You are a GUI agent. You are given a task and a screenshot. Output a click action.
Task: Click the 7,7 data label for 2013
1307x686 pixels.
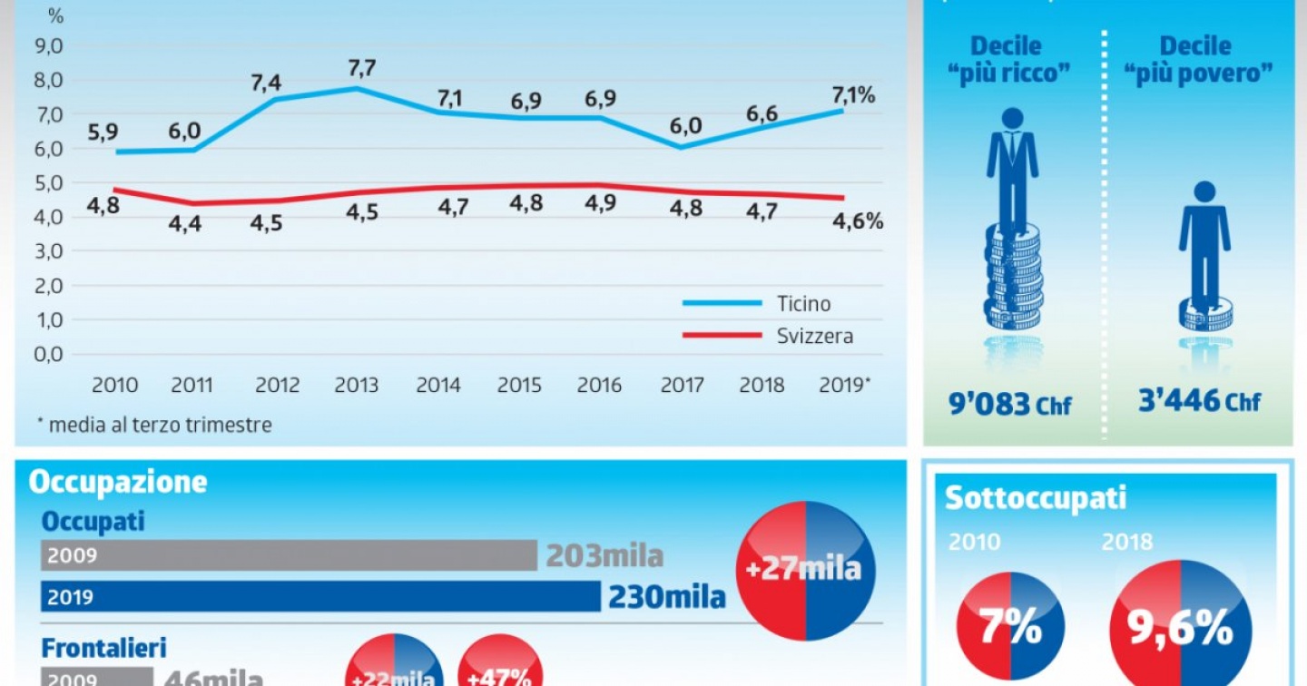(357, 68)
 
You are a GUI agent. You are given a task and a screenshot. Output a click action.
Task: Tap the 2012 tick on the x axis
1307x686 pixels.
(277, 386)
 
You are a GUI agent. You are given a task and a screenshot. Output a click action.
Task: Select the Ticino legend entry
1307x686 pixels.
(802, 304)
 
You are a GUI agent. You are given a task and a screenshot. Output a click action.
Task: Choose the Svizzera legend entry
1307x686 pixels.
(814, 337)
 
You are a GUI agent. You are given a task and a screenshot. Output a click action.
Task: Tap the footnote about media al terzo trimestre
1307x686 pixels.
(153, 425)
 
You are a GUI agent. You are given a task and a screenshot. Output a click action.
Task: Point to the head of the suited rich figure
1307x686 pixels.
(1012, 118)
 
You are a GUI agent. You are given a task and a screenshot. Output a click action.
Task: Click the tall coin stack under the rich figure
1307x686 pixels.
(1013, 277)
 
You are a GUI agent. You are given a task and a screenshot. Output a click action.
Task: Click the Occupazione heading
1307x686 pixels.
(118, 482)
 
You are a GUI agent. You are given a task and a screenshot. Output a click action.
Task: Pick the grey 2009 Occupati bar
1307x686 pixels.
(290, 555)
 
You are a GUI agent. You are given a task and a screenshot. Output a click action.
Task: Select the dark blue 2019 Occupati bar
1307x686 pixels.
(320, 596)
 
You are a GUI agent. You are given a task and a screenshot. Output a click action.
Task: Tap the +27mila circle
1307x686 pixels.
(805, 570)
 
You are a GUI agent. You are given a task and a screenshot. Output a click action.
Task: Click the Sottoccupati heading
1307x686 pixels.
(1036, 498)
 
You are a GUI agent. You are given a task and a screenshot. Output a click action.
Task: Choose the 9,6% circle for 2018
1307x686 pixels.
(1181, 626)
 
